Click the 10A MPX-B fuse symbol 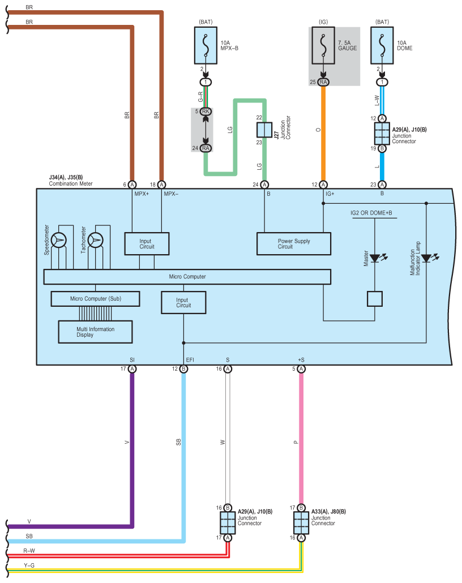pos(206,45)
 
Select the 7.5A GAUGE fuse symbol pos(323,45)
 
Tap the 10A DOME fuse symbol pos(382,45)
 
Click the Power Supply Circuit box pos(294,244)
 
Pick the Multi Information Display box pos(95,332)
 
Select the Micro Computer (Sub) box pos(95,299)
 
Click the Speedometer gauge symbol pos(59,240)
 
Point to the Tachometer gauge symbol pos(96,240)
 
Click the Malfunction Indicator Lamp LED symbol pos(429,258)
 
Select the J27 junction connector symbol pos(264,130)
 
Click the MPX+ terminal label pos(142,194)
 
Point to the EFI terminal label pos(190,360)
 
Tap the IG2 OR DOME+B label pos(371,213)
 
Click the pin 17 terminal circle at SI pos(132,369)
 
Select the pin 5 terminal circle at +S pos(301,369)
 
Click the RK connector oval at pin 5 pos(206,111)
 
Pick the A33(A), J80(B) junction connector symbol pos(301,523)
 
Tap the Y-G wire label pos(29,565)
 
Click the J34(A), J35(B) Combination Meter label pos(71,181)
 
